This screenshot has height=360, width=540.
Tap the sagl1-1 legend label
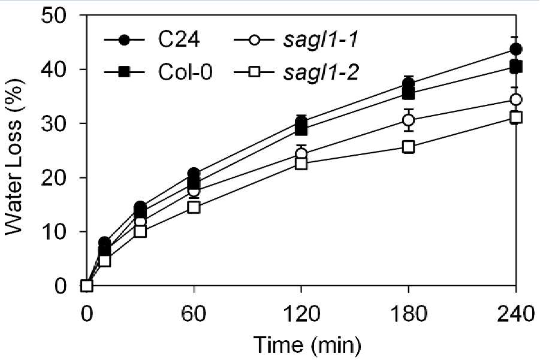point(321,41)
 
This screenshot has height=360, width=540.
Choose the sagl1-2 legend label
point(321,73)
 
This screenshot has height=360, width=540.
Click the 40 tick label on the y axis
point(52,70)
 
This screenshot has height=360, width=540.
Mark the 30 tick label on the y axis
point(52,124)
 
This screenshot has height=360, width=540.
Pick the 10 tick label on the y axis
point(52,232)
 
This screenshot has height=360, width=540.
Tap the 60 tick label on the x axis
point(194,314)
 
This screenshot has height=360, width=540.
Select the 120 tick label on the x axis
point(301,314)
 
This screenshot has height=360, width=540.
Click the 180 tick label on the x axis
point(409,314)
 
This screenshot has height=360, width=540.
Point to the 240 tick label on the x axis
point(516,314)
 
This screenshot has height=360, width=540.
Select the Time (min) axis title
point(307,345)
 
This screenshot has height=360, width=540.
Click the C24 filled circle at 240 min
point(516,49)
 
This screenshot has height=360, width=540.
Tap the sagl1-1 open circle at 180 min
point(408,120)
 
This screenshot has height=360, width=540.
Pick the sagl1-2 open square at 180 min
point(408,147)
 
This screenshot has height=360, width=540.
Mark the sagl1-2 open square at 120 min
point(301,164)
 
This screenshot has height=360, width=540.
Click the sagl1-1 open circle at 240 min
point(516,100)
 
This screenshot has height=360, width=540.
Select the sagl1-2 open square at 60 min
point(194,207)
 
